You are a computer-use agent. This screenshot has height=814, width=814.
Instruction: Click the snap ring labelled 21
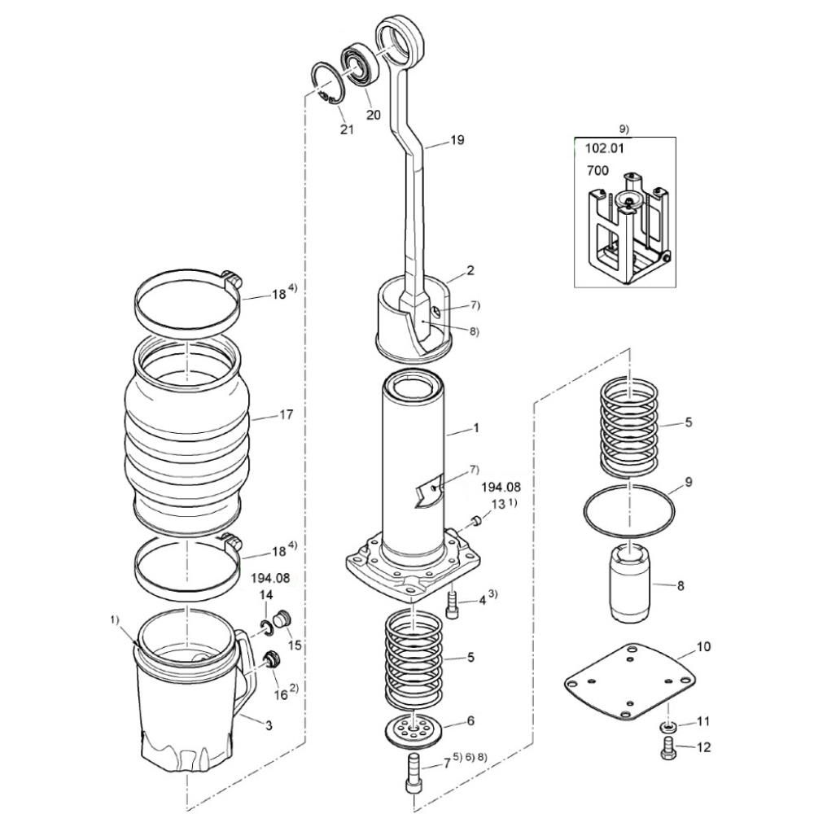click(x=326, y=83)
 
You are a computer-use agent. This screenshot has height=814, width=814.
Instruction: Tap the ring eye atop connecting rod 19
click(x=400, y=42)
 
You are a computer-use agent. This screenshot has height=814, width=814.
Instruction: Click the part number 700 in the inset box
click(x=597, y=170)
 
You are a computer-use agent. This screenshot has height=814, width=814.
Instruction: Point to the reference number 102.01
click(x=604, y=148)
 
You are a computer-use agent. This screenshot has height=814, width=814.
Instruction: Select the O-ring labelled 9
click(x=629, y=511)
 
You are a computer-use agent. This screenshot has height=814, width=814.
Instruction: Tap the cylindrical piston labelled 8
click(x=628, y=582)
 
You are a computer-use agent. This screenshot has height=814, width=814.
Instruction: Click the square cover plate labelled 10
click(x=630, y=681)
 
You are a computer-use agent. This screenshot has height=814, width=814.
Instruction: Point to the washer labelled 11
click(x=668, y=725)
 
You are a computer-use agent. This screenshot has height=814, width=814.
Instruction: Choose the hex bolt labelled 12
click(x=668, y=747)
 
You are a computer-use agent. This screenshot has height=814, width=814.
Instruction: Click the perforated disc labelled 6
click(x=413, y=732)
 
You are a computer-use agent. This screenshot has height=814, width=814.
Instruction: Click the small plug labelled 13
click(x=475, y=521)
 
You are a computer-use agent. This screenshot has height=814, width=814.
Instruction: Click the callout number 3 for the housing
click(x=269, y=725)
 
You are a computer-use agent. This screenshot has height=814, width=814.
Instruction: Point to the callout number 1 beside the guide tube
click(x=476, y=428)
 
